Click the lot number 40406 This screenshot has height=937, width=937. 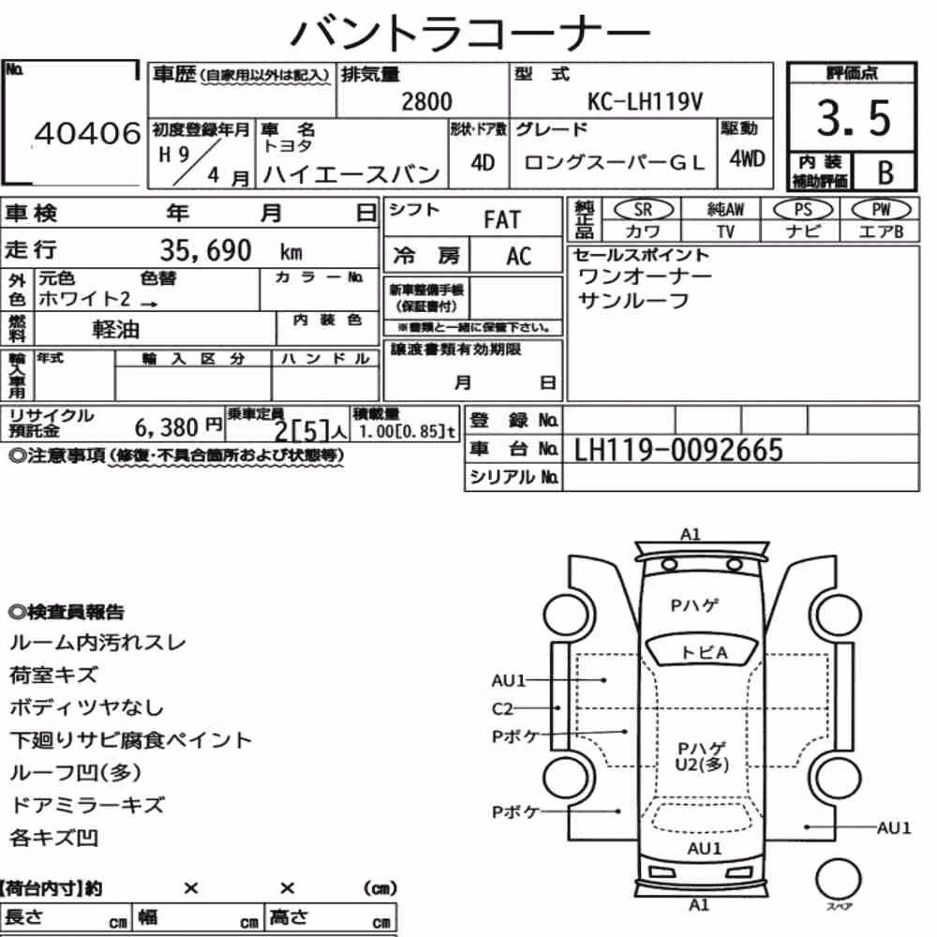point(88,133)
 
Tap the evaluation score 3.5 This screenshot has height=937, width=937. point(854,118)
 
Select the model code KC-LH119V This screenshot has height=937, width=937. point(645,101)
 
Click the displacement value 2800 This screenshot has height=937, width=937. point(426,101)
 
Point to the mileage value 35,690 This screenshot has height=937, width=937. point(205,250)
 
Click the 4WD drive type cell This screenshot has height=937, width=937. point(747,158)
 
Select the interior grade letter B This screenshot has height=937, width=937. point(885,172)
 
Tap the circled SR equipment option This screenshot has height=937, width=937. point(644,209)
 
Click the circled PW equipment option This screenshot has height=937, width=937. point(882,209)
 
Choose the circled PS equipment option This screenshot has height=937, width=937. point(803,209)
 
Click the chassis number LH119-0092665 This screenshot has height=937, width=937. point(678,451)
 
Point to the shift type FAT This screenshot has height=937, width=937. point(502,220)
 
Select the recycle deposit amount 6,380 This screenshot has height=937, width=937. point(166,427)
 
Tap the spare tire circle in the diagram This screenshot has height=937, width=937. point(839,879)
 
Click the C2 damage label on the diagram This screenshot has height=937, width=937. point(502,708)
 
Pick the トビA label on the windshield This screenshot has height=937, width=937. point(704,652)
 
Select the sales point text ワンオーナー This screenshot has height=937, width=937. point(646,276)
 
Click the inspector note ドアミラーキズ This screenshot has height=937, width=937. point(87,805)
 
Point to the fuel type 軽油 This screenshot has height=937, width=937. point(116,329)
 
